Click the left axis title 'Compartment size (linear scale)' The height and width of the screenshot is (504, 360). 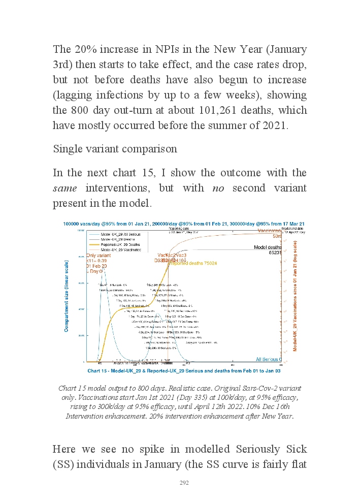(x=67, y=296)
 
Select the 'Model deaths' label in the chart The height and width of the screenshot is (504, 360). (x=268, y=247)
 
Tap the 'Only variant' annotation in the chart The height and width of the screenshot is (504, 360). (x=99, y=256)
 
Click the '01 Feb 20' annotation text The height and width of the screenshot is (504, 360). (x=96, y=266)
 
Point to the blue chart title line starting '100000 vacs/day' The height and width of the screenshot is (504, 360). (x=183, y=224)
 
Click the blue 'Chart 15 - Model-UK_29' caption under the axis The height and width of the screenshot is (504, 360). (x=183, y=371)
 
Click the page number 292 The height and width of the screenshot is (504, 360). (x=184, y=483)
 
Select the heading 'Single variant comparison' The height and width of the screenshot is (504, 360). (x=115, y=149)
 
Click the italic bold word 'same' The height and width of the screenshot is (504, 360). (x=66, y=188)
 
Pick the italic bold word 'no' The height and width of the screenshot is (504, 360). (x=218, y=188)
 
